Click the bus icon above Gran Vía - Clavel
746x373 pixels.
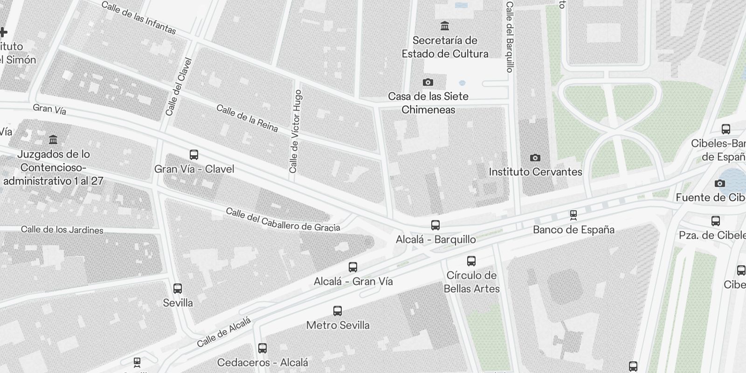(x=194, y=155)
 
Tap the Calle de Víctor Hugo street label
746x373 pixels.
(x=296, y=131)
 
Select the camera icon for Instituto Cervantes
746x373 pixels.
(x=535, y=158)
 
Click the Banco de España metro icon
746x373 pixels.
(x=573, y=215)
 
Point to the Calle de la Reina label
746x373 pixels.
(x=247, y=118)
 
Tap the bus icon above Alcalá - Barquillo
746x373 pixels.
(x=435, y=225)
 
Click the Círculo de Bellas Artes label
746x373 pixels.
(x=471, y=282)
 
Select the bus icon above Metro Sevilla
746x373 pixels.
(x=338, y=311)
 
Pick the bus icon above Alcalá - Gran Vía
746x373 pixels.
(x=353, y=267)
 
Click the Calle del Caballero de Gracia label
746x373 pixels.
(x=283, y=219)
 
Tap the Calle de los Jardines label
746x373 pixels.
(x=62, y=229)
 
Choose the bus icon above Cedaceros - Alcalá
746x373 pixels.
(x=262, y=348)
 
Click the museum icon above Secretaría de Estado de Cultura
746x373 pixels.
(x=445, y=26)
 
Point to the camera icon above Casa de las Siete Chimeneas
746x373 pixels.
(x=428, y=83)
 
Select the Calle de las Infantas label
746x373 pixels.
(x=138, y=18)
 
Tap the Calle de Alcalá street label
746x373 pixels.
(x=224, y=332)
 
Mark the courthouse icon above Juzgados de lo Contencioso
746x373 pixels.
(x=53, y=140)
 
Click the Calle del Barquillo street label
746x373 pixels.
(x=510, y=37)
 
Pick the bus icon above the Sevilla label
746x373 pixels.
(x=178, y=289)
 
